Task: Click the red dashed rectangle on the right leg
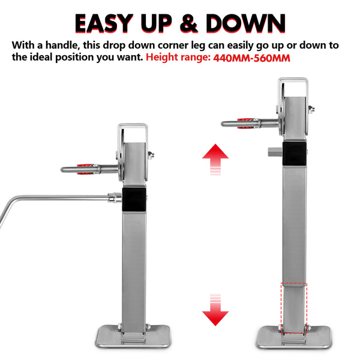pos(293,306)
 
